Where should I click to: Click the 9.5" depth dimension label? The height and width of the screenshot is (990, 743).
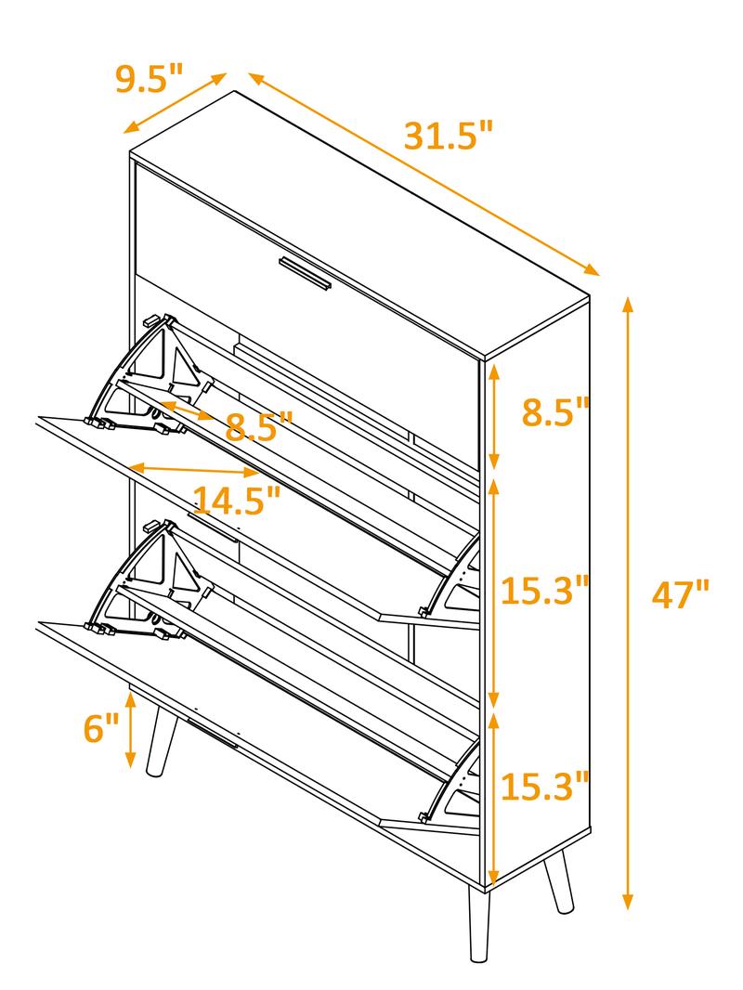click(150, 79)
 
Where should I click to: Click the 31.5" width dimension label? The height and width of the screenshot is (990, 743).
click(447, 136)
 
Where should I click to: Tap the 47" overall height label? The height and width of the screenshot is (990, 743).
click(680, 593)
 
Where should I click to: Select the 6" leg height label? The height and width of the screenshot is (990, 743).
click(101, 728)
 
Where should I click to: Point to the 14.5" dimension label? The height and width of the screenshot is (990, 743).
click(236, 501)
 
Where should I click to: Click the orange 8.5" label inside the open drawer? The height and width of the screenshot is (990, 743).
click(258, 426)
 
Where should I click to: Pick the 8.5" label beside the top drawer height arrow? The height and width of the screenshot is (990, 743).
click(555, 411)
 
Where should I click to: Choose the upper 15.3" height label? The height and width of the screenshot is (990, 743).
click(545, 591)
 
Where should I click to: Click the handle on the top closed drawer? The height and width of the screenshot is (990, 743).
click(305, 274)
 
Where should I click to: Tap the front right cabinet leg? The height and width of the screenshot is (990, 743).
click(480, 925)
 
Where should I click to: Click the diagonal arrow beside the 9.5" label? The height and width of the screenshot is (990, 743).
click(176, 102)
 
